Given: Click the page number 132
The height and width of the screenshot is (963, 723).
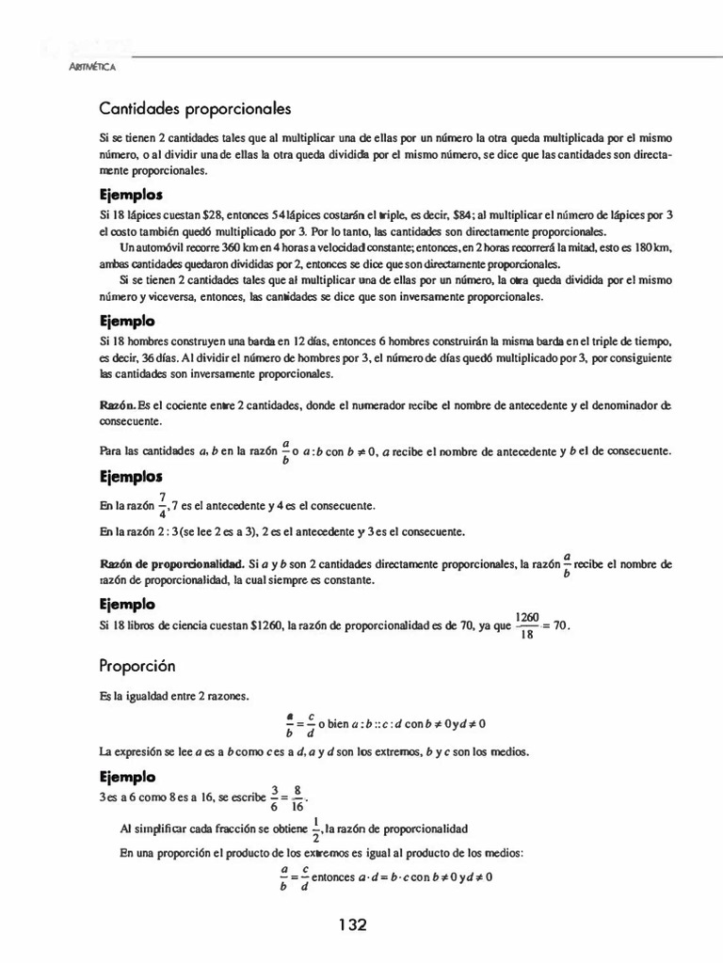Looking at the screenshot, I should [352, 925].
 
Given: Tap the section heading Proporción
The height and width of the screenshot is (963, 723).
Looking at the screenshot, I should [137, 666].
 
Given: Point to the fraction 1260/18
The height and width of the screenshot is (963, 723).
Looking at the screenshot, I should [527, 625].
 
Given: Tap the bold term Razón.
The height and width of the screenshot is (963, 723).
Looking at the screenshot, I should [117, 404].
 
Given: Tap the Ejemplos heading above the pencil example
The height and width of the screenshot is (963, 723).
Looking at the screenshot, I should [131, 196].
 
